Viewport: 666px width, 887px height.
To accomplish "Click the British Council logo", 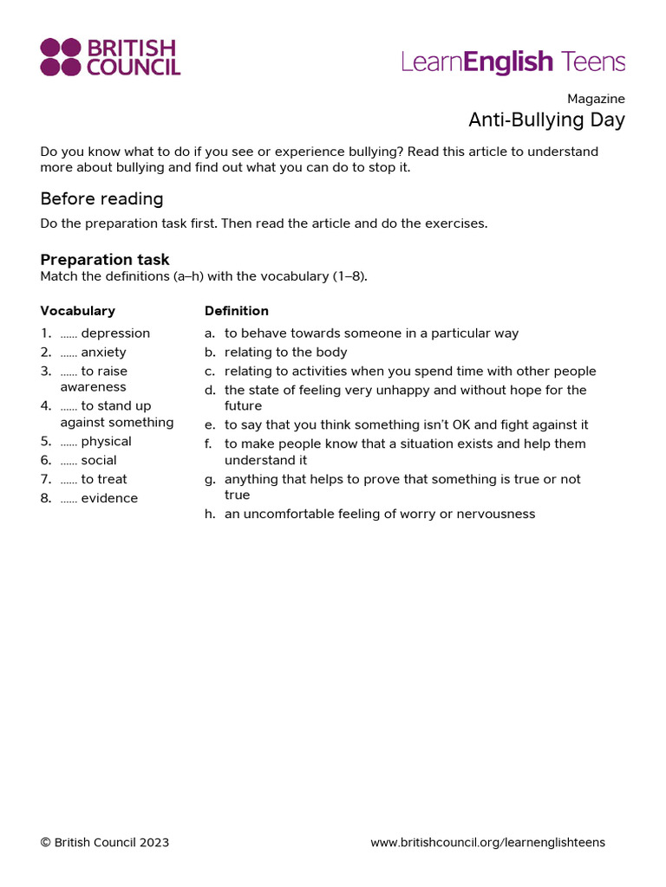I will tap(110, 57).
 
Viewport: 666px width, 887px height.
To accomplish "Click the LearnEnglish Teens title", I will tap(513, 62).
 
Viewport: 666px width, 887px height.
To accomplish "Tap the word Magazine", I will tap(596, 99).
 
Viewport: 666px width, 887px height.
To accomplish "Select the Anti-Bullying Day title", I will tap(546, 120).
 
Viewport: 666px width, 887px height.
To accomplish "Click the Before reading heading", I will tap(101, 199).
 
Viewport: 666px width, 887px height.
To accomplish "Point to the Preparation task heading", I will tap(105, 260).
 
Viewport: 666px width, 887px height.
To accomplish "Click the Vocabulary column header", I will tap(77, 311).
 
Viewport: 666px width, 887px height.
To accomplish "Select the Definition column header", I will tap(236, 311).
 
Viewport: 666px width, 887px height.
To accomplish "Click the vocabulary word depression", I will tap(115, 333).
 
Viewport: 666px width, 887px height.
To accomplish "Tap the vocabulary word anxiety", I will tap(103, 353).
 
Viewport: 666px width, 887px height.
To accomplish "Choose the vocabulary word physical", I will tap(106, 442).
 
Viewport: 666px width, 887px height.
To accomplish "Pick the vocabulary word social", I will tap(99, 461).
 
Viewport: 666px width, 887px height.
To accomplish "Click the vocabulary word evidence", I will tap(109, 499).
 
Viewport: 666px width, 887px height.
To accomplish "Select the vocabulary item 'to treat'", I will tap(104, 480).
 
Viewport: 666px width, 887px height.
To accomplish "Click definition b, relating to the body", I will tap(285, 353).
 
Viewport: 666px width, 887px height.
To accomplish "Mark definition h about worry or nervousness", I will tap(379, 515).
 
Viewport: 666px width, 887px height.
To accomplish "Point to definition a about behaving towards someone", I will tap(371, 333).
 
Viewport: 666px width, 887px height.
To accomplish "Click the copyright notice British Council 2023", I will tap(105, 843).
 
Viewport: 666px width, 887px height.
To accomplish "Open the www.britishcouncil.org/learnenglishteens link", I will tap(487, 843).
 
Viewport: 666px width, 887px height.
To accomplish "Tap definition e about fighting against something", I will tap(406, 425).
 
